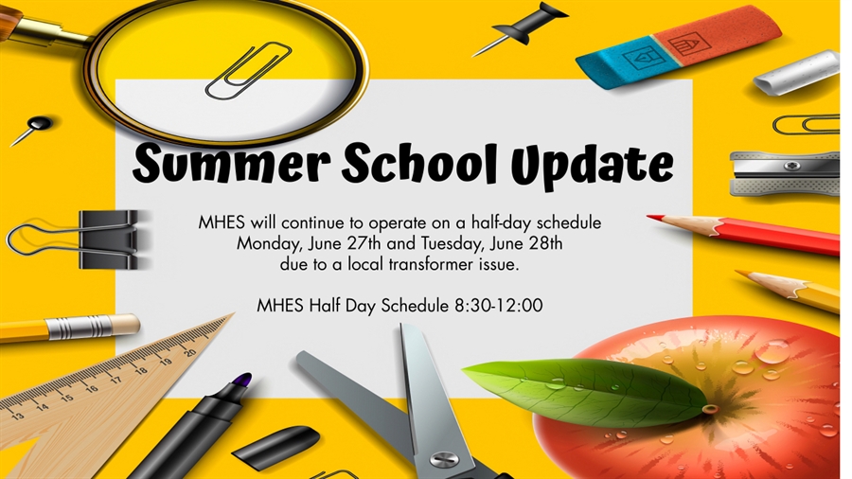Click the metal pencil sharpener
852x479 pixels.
(784, 172)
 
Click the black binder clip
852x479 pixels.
(109, 239)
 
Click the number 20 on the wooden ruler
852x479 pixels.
(188, 351)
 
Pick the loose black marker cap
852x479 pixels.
(275, 445)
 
